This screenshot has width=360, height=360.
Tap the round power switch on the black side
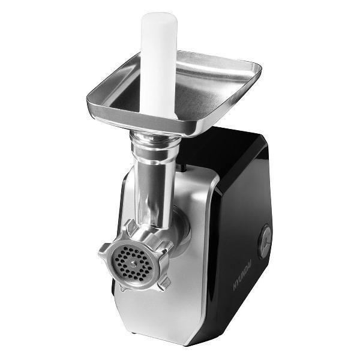pyautogui.click(x=265, y=241)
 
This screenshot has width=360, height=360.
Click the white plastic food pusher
pyautogui.click(x=158, y=64)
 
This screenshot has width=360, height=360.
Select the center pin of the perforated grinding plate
pyautogui.click(x=133, y=264)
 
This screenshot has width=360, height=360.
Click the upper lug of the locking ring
pyautogui.click(x=131, y=227)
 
